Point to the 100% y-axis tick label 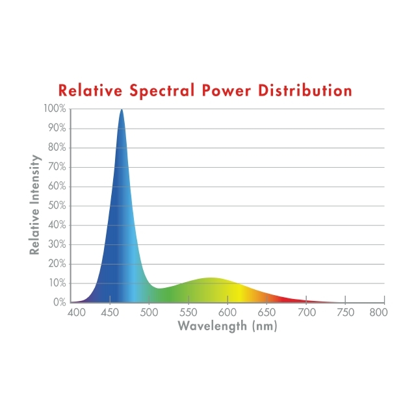[55, 109]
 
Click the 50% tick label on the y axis [57, 205]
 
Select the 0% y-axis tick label [59, 302]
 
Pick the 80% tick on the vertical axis [57, 148]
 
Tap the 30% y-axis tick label [57, 244]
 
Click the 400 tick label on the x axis [77, 313]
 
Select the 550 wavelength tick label [189, 313]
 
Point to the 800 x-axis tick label [378, 313]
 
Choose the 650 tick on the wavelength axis [266, 313]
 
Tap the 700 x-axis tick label [305, 313]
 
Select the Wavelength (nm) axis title [227, 326]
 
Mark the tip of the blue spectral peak [121, 110]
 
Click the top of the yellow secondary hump [210, 278]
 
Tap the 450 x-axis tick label [110, 313]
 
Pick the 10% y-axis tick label [57, 283]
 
